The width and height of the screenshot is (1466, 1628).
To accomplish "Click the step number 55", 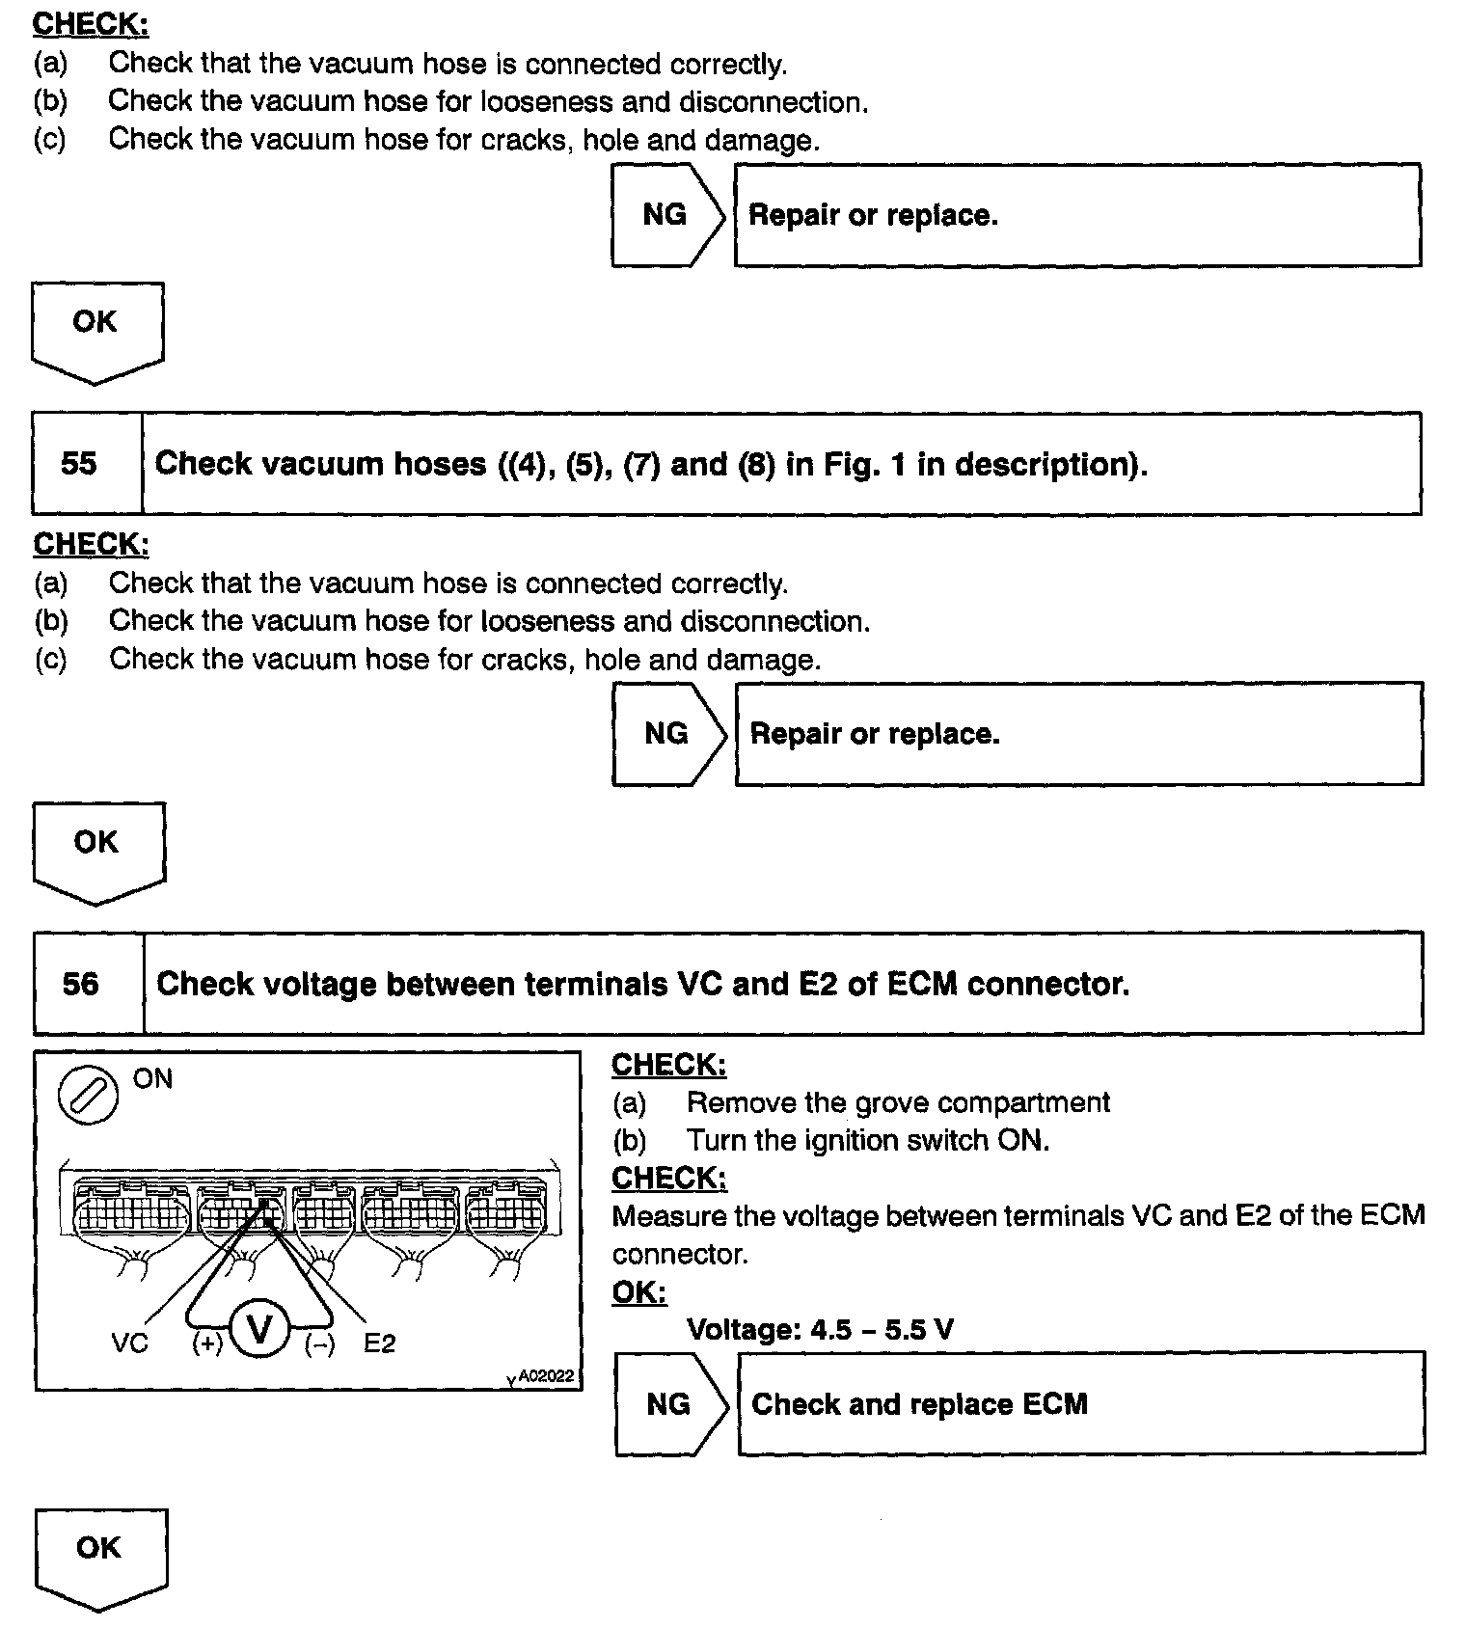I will point(79,464).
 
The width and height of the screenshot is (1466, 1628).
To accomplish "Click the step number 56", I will point(81,984).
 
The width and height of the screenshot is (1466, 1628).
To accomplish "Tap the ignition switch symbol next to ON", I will point(89,1096).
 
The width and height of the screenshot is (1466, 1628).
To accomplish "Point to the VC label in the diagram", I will point(129,1343).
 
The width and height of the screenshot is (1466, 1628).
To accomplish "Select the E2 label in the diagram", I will point(379,1343).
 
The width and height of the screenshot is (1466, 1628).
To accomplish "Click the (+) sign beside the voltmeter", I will point(207,1343).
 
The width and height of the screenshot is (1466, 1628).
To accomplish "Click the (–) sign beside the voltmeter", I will point(319,1343).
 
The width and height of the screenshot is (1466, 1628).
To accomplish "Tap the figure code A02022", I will point(546,1376).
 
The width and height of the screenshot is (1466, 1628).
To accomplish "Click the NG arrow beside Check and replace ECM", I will point(669,1403).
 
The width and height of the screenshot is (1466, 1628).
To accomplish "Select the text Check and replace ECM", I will point(919,1403).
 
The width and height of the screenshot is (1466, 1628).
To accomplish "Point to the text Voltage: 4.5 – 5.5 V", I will point(820,1330).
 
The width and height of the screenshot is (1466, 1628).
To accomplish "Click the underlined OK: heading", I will point(638,1292).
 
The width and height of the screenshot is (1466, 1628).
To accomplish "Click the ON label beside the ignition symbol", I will point(152,1079).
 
